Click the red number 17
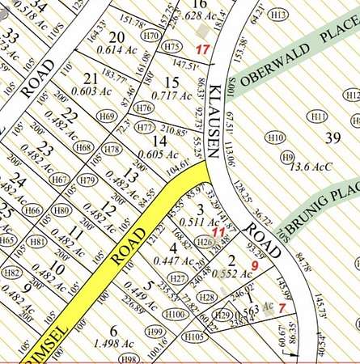[202, 50]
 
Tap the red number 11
[217, 232]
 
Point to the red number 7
[282, 307]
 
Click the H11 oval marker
[318, 117]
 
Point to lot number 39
[332, 138]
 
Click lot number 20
[116, 36]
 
